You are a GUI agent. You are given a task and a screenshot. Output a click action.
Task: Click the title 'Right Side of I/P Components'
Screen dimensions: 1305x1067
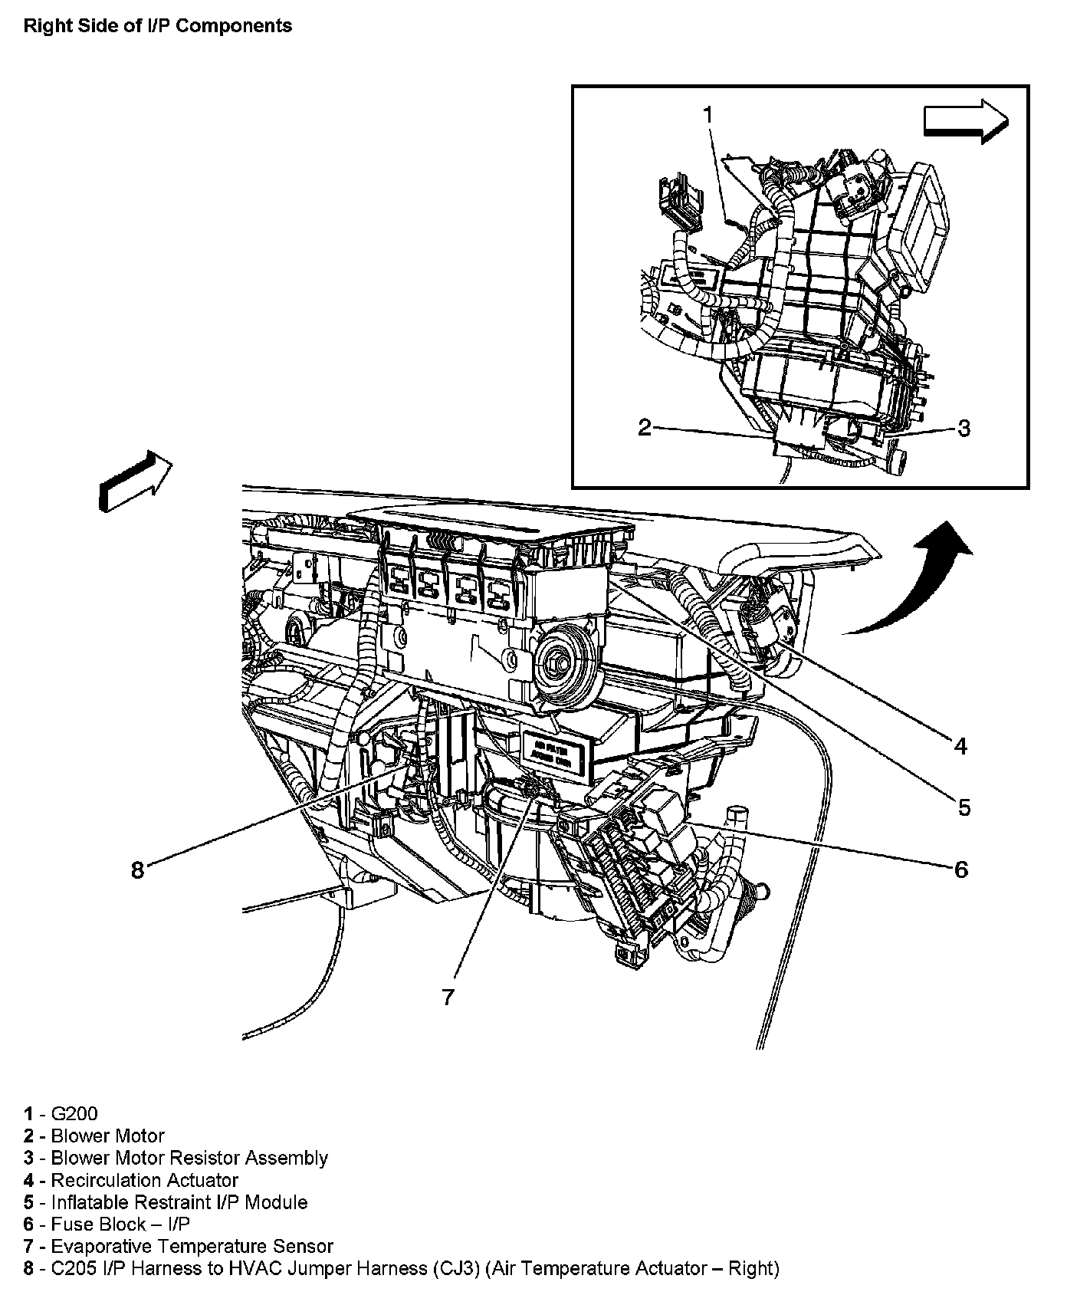[x=157, y=26]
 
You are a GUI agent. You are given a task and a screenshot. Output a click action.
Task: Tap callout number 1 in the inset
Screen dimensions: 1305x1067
[x=708, y=115]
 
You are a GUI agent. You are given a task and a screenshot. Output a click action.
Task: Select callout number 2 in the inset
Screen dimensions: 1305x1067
[x=645, y=427]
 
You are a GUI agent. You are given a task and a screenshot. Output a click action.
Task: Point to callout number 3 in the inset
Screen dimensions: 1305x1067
[x=964, y=428]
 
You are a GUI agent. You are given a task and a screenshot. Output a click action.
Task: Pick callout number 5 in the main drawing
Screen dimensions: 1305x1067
[x=964, y=807]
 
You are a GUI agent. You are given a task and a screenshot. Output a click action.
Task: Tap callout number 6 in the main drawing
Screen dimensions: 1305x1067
[x=960, y=869]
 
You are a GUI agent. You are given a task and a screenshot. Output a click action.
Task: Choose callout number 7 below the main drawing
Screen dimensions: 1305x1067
[x=448, y=996]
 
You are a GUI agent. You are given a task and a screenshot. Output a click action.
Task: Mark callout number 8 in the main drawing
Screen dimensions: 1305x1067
[x=137, y=870]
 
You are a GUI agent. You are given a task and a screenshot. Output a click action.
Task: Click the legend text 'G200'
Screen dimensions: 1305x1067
[x=74, y=1114]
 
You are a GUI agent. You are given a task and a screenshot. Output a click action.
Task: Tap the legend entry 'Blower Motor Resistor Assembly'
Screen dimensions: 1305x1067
[x=189, y=1158]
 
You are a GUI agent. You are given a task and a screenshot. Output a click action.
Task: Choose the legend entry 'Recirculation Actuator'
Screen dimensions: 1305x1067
[x=144, y=1180]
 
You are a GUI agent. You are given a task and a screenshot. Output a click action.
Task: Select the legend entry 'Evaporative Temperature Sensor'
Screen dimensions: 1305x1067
[x=192, y=1246]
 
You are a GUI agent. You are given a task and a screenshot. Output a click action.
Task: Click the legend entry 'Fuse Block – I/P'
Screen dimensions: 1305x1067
[x=120, y=1224]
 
